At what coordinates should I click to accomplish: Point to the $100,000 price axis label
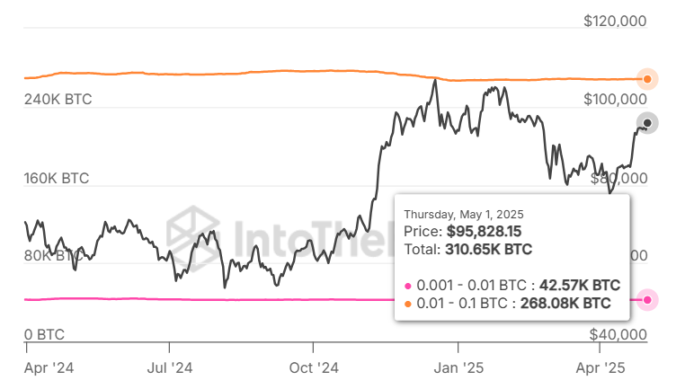(615, 98)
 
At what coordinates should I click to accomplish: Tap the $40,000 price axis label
(618, 334)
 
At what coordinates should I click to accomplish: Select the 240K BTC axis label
(58, 99)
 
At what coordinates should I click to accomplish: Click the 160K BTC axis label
(58, 178)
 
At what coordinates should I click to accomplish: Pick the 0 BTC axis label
(44, 334)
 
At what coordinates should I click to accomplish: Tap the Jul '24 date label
(169, 367)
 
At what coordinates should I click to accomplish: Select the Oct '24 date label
(314, 367)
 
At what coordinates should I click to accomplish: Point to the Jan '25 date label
(458, 367)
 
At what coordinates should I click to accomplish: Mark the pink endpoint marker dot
(646, 299)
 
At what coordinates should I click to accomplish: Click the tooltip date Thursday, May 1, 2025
(463, 215)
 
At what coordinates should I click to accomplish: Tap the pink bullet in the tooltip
(409, 285)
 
